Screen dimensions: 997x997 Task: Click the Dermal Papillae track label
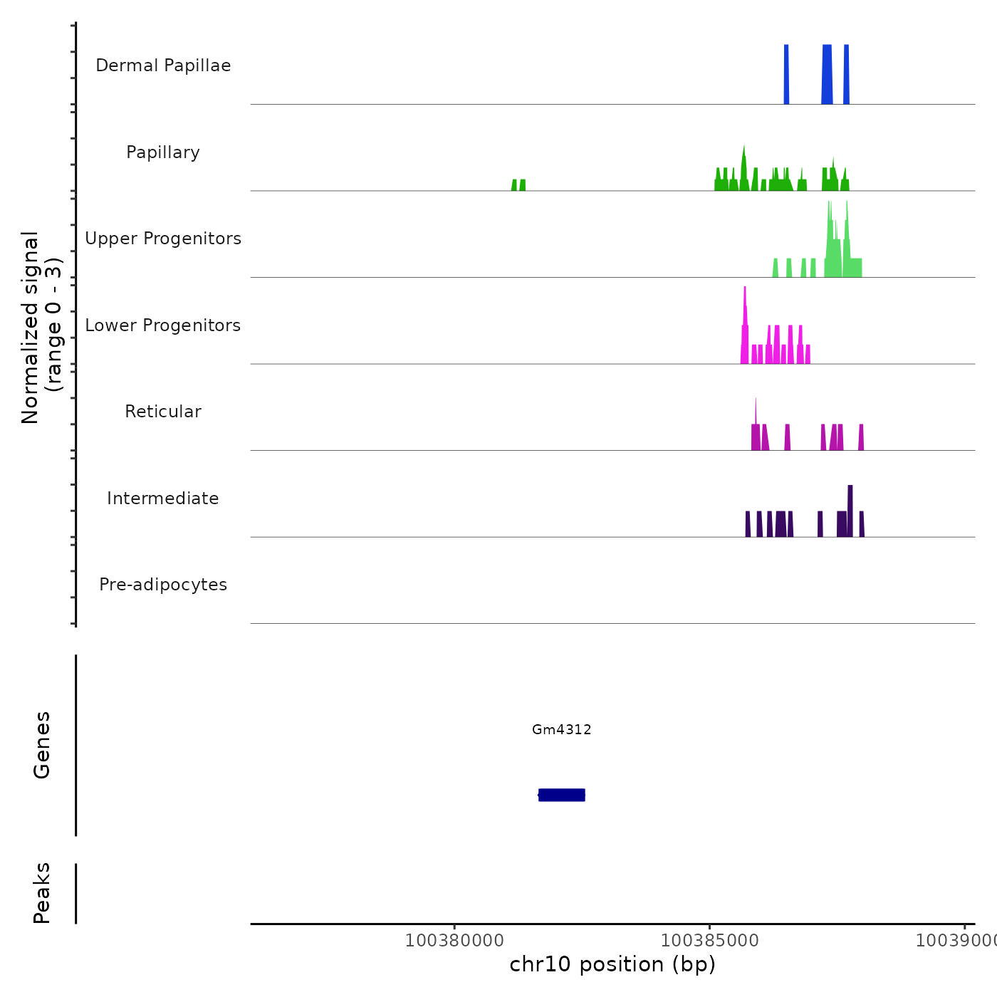coord(163,66)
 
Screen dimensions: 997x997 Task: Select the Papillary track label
coord(163,152)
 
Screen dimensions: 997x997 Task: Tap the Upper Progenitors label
coord(163,239)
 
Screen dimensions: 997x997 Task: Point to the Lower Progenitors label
coord(163,325)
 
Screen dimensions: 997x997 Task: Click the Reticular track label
coord(163,412)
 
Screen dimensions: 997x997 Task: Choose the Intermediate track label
coord(163,499)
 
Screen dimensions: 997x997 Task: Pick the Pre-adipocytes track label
coord(163,585)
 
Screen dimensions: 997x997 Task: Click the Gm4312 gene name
coord(561,729)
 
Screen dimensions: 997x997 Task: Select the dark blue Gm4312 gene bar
coord(561,795)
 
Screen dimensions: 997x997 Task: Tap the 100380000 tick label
coord(454,941)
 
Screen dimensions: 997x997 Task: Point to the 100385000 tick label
coord(709,941)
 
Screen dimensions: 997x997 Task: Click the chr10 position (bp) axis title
coord(612,964)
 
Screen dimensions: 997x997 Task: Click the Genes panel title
coord(42,745)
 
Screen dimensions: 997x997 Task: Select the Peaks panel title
coord(42,893)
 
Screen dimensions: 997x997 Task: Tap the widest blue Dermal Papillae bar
coord(827,75)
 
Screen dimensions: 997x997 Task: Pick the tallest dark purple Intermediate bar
coord(850,509)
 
